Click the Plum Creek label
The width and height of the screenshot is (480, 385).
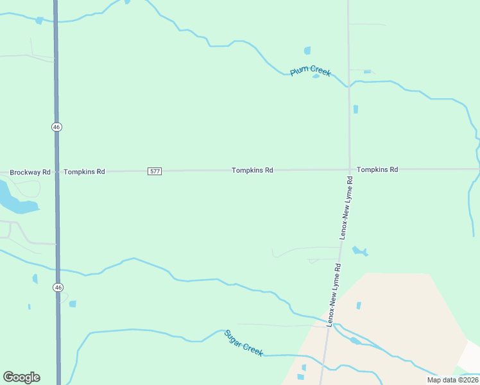coord(310,71)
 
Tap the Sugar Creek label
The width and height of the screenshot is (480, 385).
coord(244,343)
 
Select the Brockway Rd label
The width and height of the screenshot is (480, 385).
coord(30,172)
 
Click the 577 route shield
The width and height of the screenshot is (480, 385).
coord(154,171)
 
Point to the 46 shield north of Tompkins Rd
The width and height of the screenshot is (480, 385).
coord(57,127)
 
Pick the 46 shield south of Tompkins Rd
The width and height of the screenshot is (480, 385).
coord(58,288)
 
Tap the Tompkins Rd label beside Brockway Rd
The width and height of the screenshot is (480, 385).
coord(84,172)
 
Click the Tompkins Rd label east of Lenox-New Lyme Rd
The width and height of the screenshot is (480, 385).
coord(377,169)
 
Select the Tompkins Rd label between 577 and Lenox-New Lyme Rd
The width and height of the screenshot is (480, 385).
coord(253,170)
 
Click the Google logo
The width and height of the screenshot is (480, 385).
coord(22,377)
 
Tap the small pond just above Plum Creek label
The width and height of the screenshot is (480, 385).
coord(307,51)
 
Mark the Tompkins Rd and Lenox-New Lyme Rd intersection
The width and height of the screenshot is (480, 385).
coord(350,169)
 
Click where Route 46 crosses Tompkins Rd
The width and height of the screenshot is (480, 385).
coord(56,171)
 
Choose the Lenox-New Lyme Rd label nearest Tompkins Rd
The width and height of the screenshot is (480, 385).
coord(347,208)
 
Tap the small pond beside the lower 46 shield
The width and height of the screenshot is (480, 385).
coord(73,304)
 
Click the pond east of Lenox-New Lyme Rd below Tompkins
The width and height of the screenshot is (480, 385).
coord(359,251)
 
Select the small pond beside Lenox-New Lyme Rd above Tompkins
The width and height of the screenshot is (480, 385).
coord(356,109)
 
